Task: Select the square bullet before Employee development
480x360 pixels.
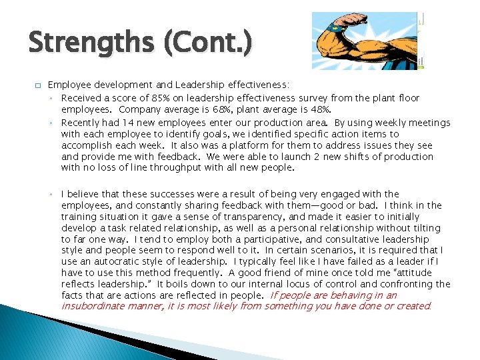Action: coord(38,86)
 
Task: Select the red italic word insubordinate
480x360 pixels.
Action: coord(92,307)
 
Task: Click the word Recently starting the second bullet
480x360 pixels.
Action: coord(83,123)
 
